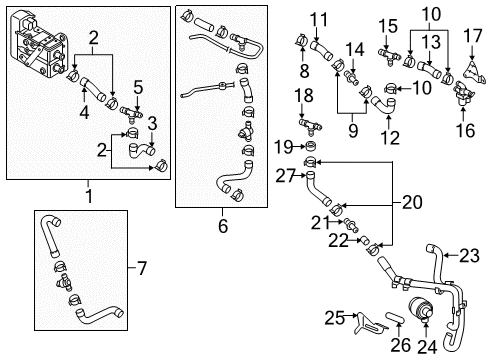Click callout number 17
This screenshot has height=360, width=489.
[473, 36]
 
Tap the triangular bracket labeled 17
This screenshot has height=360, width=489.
[473, 72]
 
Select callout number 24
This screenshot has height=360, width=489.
[427, 347]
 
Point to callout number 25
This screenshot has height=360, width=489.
[335, 317]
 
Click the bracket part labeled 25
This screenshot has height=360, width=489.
[368, 323]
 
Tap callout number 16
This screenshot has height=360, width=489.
[465, 130]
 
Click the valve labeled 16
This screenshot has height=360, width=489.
[463, 93]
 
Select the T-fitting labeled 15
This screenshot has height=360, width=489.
[389, 56]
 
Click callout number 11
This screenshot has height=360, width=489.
[319, 20]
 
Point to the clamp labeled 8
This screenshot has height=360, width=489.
[301, 41]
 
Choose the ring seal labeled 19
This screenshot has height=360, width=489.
[311, 146]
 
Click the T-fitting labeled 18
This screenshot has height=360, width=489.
[311, 126]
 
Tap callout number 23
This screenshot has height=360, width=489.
[469, 256]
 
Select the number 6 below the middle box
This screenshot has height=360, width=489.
[223, 226]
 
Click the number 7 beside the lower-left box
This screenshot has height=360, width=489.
[142, 268]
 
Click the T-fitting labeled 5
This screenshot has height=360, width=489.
[131, 112]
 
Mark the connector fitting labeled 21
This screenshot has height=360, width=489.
[350, 224]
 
